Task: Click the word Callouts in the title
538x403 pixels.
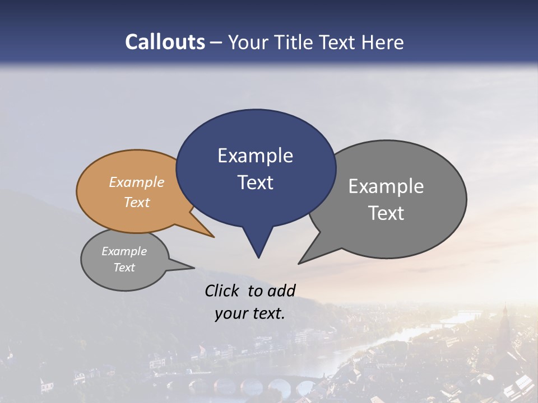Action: tap(165, 43)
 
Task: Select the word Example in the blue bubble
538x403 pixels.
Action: tap(255, 156)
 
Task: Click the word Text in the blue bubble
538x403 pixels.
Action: tap(255, 182)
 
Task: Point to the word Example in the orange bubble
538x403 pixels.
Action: tap(137, 182)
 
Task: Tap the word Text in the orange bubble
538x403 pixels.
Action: tap(137, 202)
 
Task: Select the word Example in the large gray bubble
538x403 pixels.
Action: tap(386, 186)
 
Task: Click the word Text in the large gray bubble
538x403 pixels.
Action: tap(386, 213)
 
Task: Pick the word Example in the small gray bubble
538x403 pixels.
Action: tap(124, 251)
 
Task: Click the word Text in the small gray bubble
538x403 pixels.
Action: tap(124, 268)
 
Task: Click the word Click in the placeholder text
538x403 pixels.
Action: tap(224, 290)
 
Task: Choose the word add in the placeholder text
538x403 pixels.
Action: tap(281, 290)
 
